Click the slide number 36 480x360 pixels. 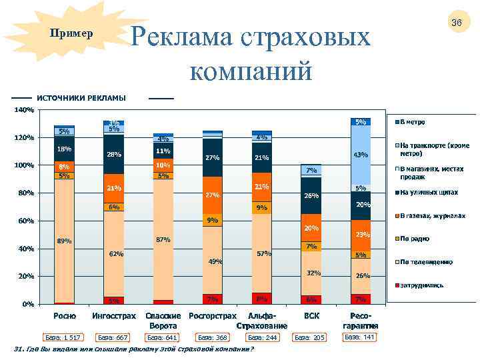pos(457,23)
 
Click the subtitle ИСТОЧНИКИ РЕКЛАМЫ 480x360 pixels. pos(81,98)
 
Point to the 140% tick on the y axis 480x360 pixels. pos(24,109)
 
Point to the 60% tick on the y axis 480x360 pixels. pos(26,221)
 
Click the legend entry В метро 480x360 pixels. pos(413,122)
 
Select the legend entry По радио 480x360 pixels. pos(414,238)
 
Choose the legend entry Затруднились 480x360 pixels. pos(421,285)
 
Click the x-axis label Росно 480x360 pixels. pos(65,316)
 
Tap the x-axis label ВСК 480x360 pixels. pos(311,316)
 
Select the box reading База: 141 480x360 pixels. pos(359,337)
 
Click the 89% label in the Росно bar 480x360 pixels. pos(65,241)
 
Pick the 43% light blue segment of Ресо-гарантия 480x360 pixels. pos(361,155)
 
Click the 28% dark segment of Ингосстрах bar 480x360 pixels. pos(113,154)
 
